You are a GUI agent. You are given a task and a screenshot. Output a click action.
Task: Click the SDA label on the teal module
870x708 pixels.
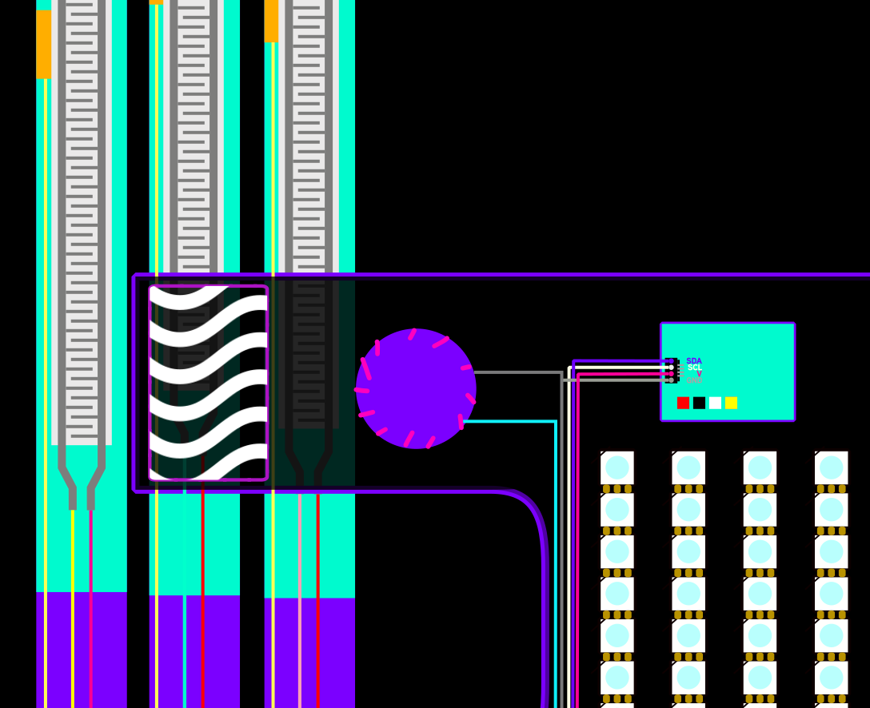(693, 361)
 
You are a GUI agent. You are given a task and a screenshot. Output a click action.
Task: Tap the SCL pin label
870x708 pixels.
(694, 368)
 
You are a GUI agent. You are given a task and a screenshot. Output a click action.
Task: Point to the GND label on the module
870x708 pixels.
(693, 380)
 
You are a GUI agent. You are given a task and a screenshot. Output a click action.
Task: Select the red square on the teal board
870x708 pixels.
(683, 403)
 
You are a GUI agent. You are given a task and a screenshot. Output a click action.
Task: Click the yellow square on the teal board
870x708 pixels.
(731, 403)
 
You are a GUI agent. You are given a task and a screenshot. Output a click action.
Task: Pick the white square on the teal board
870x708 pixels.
(715, 403)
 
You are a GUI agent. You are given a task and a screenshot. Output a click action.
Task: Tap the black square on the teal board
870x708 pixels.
(699, 403)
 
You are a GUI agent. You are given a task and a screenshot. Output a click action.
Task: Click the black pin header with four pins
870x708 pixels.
(672, 371)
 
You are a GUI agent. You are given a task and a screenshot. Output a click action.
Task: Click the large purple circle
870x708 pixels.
(416, 389)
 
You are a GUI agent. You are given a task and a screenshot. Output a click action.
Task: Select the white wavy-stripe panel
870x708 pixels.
(208, 383)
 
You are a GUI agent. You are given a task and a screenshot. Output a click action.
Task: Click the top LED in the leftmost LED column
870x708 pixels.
(617, 467)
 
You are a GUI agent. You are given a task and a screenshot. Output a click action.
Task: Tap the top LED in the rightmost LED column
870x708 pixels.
(831, 467)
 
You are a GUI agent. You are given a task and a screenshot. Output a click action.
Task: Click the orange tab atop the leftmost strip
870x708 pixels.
(43, 44)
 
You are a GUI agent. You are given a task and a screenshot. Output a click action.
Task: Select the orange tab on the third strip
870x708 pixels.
(271, 21)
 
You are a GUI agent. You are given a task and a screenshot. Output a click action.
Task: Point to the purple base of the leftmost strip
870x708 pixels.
(81, 649)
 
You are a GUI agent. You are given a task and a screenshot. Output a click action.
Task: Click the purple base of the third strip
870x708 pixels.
(309, 651)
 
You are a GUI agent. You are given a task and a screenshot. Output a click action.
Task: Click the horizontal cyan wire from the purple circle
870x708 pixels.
(509, 421)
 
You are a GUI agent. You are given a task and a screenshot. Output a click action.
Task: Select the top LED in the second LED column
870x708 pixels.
(688, 467)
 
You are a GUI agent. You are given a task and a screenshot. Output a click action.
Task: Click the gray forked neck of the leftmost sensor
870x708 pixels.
(81, 479)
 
